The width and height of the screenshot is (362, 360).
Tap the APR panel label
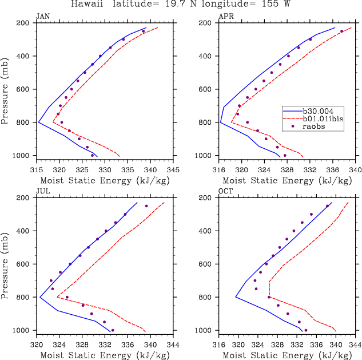tap(226, 17)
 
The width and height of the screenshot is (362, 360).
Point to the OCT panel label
tap(226, 192)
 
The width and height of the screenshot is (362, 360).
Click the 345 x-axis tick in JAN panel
tap(174, 170)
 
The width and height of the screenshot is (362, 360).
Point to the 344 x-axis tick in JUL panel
tap(173, 345)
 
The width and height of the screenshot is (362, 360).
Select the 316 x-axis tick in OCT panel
tap(220, 345)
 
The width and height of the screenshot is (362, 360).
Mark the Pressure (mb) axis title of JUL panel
tap(6, 264)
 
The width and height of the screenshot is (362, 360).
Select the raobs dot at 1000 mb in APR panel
tap(285, 155)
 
